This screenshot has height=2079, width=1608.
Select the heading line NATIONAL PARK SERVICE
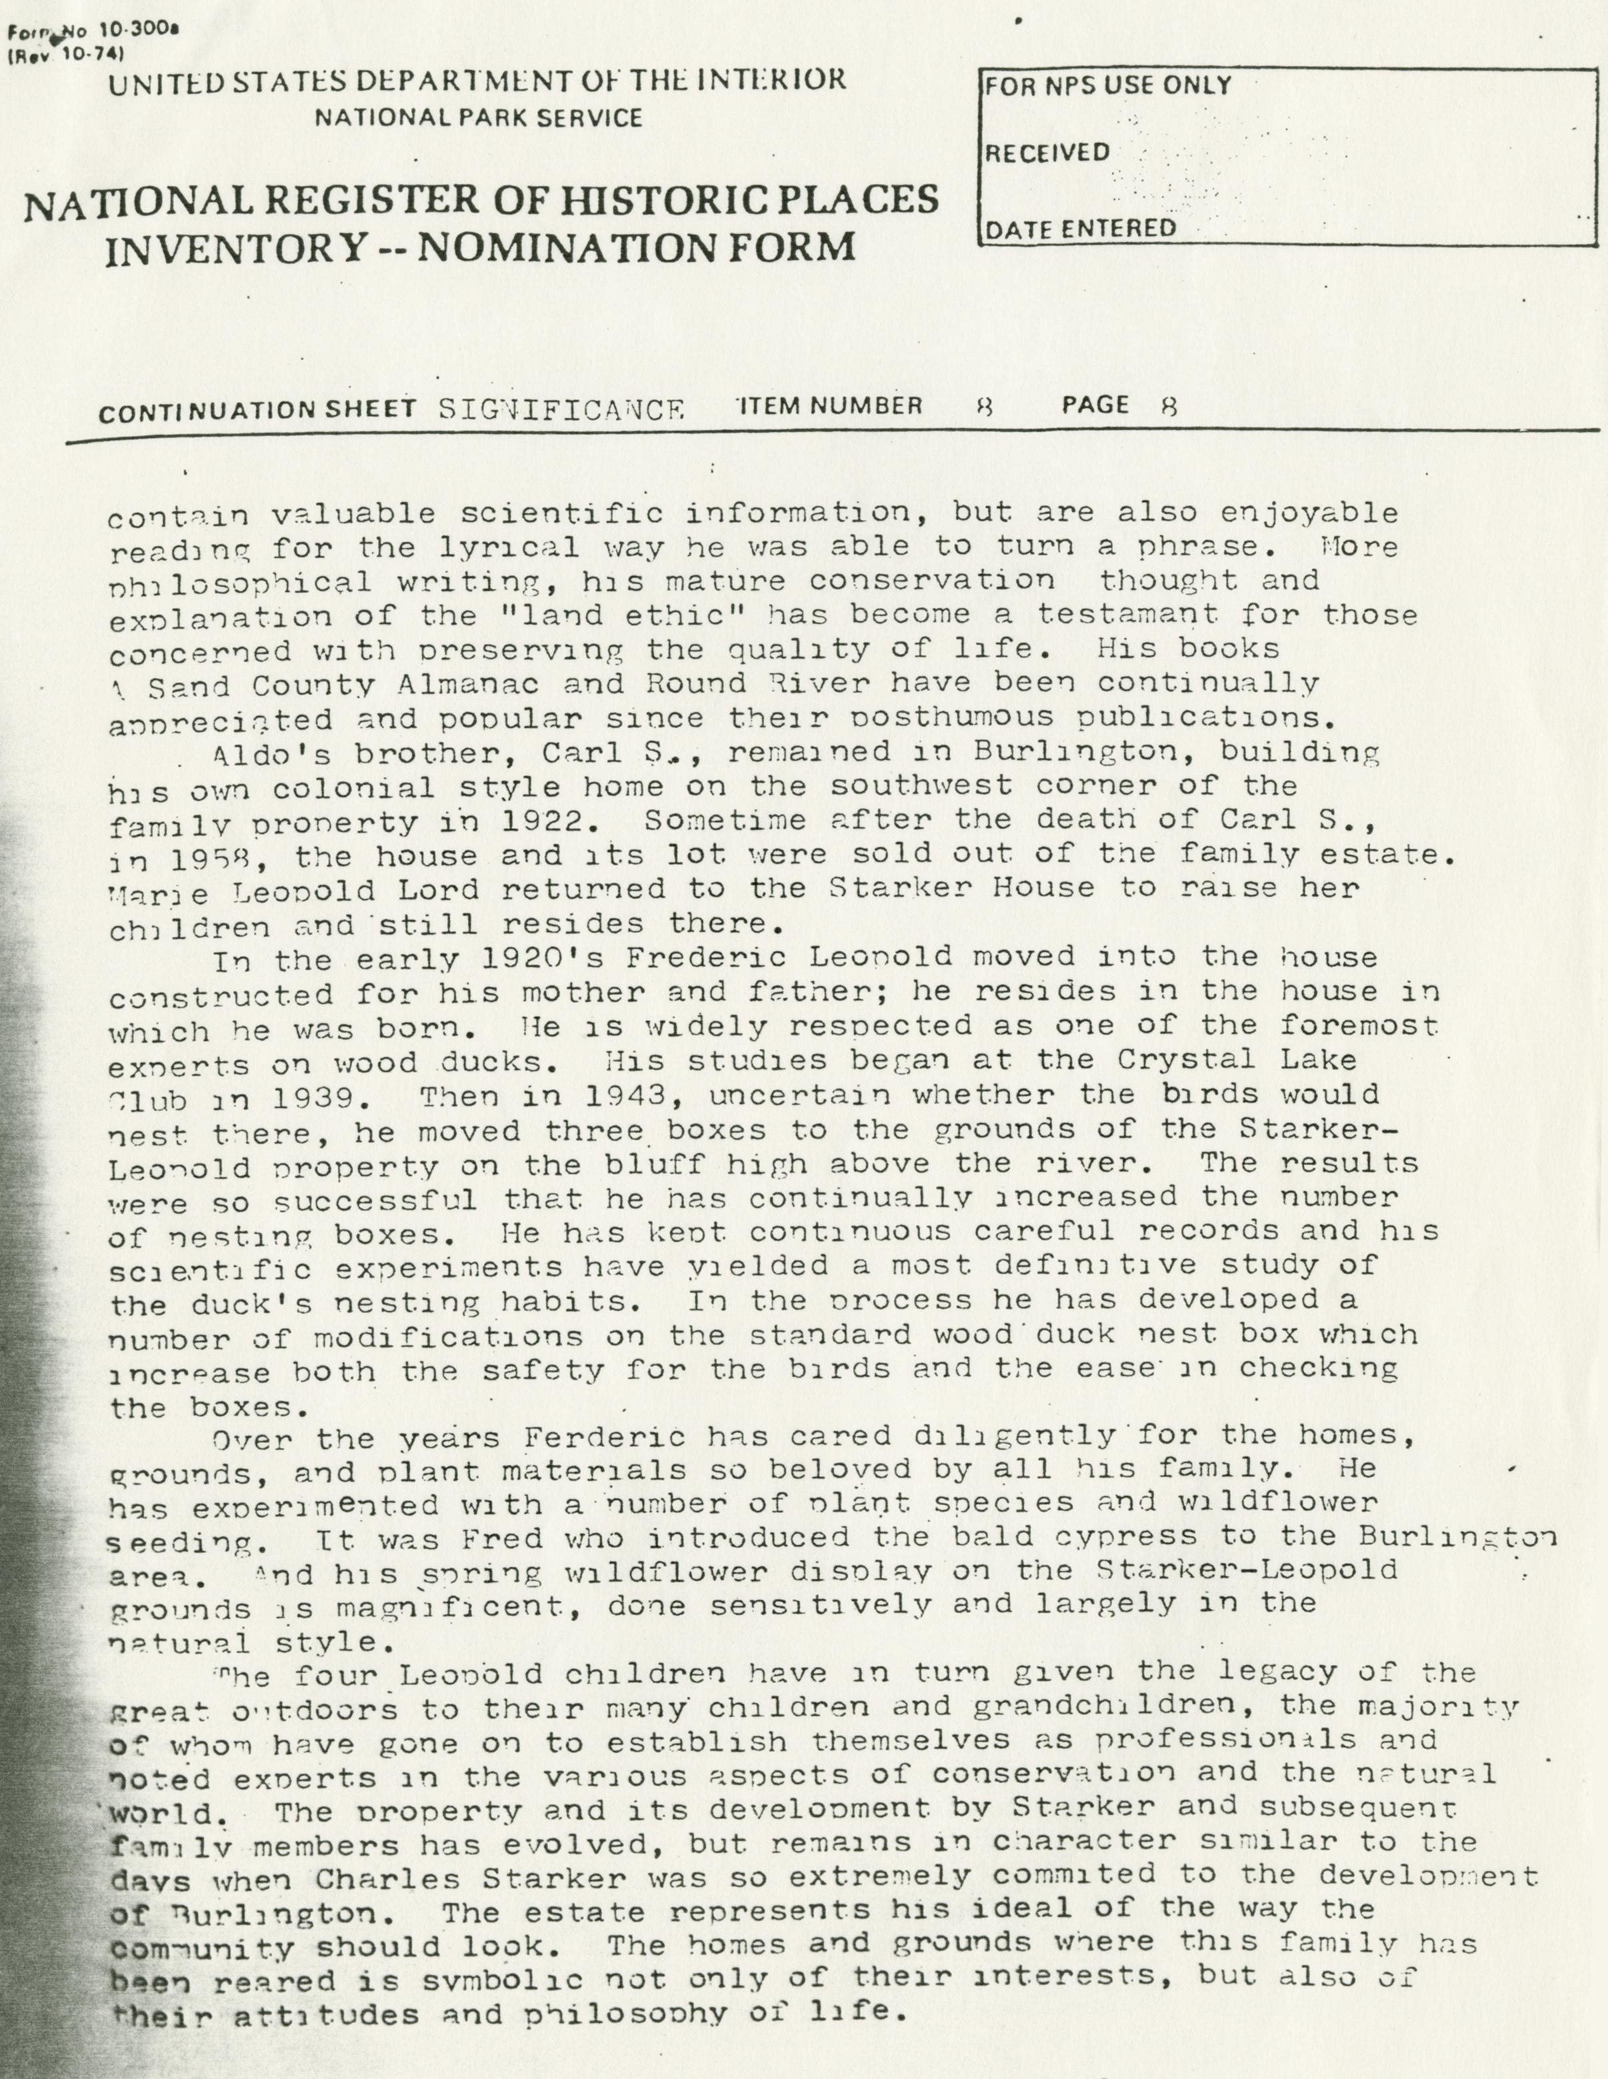(x=479, y=118)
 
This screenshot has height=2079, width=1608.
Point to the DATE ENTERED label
(x=1079, y=229)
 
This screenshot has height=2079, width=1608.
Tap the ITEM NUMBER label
(x=830, y=407)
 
